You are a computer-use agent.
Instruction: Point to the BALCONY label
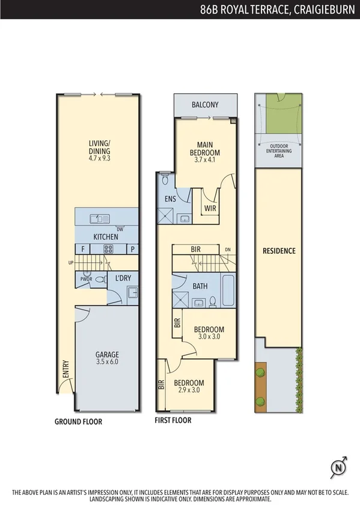[205, 105]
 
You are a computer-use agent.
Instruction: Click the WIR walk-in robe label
[210, 209]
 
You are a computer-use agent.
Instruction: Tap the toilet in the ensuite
[165, 179]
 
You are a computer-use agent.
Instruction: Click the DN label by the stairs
[227, 250]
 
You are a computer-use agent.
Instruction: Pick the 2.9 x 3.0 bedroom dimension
[189, 390]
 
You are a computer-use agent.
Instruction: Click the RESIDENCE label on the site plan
[279, 251]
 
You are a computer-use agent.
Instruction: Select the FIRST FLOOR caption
[173, 420]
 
